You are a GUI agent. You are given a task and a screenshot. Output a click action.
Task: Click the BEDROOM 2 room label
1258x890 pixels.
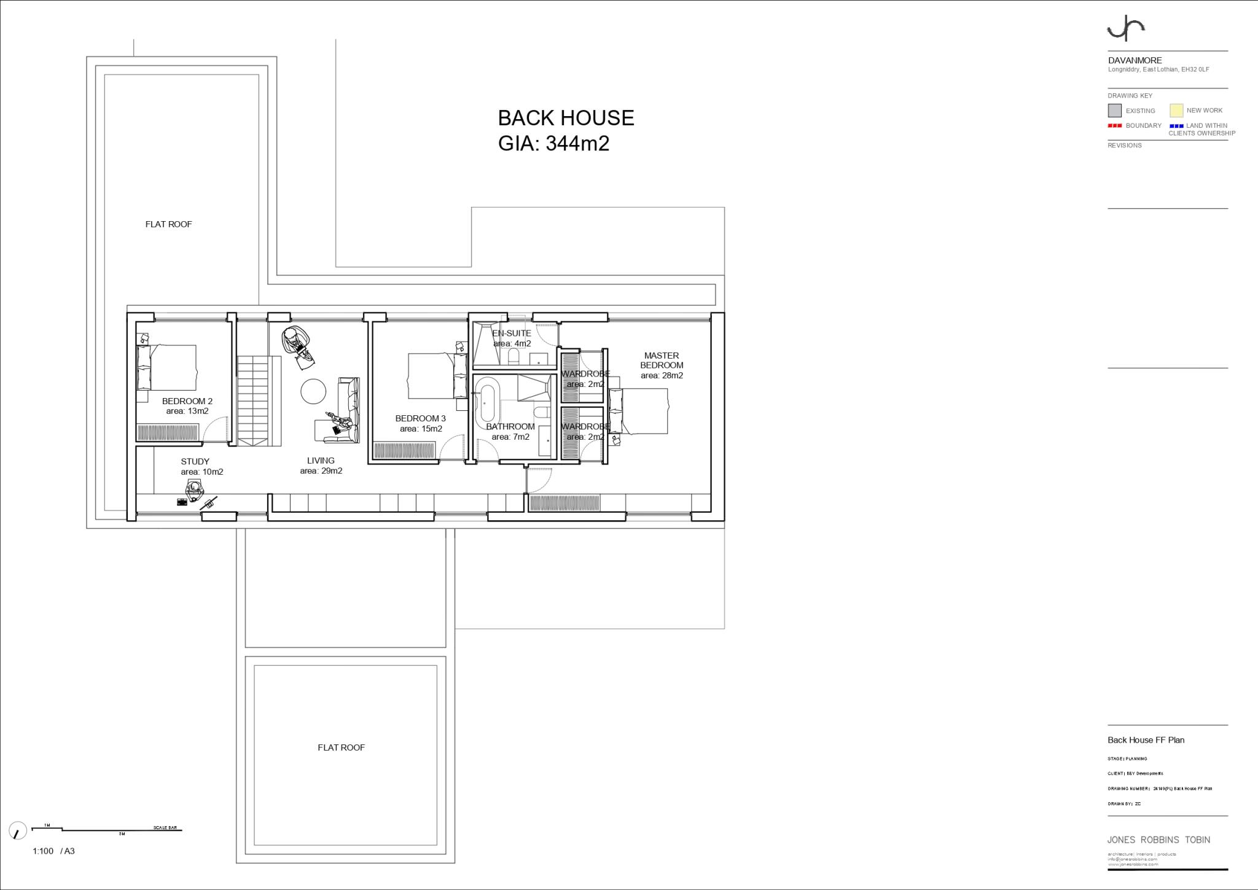187,401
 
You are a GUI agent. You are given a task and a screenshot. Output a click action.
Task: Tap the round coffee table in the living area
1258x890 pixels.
314,391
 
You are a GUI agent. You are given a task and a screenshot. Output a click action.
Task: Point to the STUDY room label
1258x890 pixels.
195,461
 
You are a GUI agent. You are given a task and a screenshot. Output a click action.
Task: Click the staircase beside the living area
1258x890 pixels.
253,402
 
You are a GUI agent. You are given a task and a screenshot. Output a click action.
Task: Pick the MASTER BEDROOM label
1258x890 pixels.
662,360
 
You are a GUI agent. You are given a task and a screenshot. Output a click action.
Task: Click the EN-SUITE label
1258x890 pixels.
512,334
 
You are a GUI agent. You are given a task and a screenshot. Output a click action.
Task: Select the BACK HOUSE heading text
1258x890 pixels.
566,118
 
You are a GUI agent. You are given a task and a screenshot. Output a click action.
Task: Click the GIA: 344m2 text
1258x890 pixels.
553,143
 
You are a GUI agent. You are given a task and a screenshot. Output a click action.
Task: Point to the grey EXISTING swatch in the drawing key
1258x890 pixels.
1114,111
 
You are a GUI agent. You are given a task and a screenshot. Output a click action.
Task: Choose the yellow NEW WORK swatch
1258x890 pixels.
1176,111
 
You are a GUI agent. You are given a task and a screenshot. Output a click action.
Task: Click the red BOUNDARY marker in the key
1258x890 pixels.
1115,126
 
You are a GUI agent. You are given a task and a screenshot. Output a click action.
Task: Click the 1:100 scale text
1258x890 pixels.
43,851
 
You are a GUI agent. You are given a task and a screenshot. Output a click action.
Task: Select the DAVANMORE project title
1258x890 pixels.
1135,61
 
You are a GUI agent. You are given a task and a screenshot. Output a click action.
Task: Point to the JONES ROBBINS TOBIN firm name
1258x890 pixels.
1158,840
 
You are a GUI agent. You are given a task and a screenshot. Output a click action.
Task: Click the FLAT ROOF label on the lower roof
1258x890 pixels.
341,748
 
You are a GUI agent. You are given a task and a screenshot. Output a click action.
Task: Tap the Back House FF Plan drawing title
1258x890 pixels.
1146,740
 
